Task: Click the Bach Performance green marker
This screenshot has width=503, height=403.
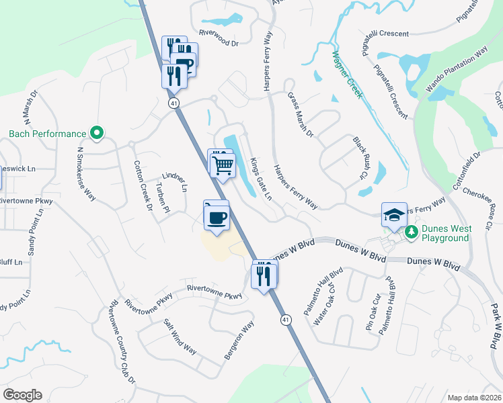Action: point(97,134)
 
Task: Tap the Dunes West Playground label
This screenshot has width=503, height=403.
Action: point(445,233)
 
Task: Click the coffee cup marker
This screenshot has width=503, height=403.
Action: point(217,218)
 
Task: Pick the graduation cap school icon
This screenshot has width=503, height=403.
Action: point(394,215)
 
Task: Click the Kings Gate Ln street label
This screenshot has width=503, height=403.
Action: point(261,179)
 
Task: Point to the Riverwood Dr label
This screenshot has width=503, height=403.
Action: point(219,42)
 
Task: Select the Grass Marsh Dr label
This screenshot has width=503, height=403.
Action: point(301,114)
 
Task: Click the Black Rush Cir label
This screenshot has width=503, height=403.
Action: point(361,159)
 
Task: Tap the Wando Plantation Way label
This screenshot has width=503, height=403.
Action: point(457,69)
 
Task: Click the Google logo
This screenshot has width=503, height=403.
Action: point(22,395)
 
